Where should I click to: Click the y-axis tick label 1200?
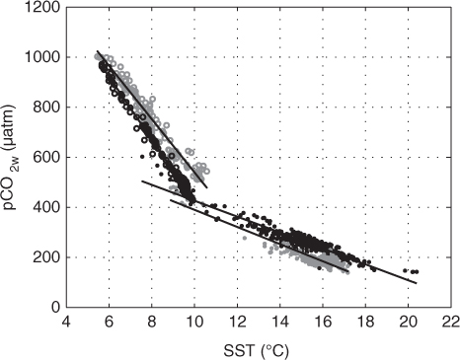pos(43,7)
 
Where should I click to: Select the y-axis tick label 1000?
pos(43,57)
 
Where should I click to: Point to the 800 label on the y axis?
pos(46,108)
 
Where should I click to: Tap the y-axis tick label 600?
pos(46,157)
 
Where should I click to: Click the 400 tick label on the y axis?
pos(46,207)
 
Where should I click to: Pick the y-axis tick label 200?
pos(46,257)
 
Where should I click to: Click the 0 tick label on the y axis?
pos(56,308)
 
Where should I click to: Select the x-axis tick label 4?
pos(66,322)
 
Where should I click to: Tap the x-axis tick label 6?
pos(110,322)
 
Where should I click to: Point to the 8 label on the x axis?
pos(152,322)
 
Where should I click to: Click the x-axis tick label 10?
pos(194,322)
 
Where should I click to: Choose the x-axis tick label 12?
pos(237,322)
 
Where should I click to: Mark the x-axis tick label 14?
pos(279,322)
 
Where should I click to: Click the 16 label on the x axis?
pos(323,322)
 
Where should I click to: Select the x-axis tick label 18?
pos(365,322)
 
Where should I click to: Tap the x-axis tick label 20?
pos(408,322)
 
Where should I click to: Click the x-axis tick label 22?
pos(450,322)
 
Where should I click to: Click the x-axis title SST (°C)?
pos(256,351)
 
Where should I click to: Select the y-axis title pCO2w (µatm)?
pos(10,158)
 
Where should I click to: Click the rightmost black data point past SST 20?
pos(417,271)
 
